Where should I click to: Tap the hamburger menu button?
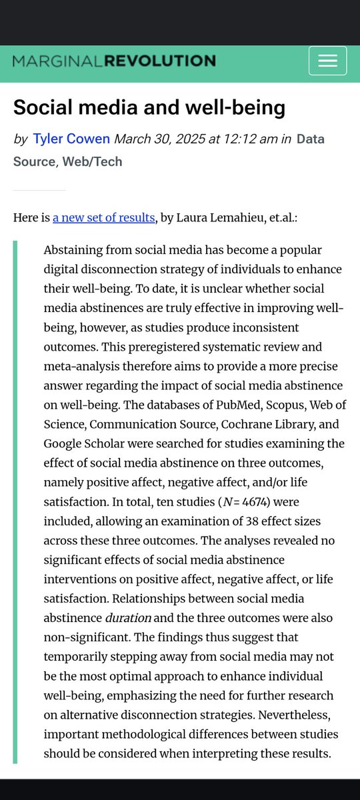coord(327,61)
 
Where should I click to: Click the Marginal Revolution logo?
coord(114,61)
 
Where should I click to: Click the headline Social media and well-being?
coord(149,107)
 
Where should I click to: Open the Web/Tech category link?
coord(92,161)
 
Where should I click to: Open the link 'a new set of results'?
coord(104,217)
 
